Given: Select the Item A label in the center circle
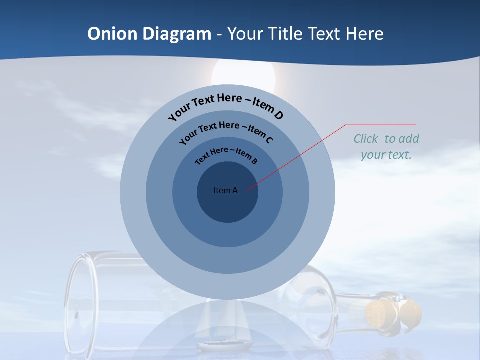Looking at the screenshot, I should tap(225, 190).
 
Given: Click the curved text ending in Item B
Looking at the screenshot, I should tap(226, 154).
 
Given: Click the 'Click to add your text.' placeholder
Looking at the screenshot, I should tap(386, 147).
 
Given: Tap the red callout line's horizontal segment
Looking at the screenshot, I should tap(381, 124).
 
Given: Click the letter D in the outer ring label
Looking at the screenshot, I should tap(278, 115).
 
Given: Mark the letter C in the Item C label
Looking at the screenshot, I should tap(269, 139).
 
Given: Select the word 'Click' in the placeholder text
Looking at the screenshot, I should tap(366, 139).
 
